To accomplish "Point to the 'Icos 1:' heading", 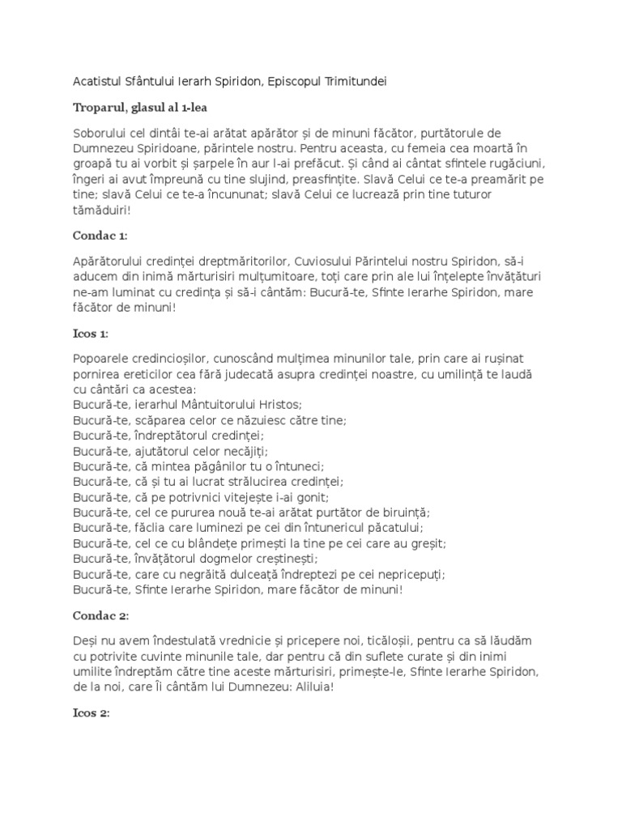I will click(91, 334).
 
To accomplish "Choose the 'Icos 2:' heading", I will click(91, 714).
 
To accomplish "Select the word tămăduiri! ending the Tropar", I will click(101, 210).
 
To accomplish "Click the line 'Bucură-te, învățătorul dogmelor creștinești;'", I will click(195, 559).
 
